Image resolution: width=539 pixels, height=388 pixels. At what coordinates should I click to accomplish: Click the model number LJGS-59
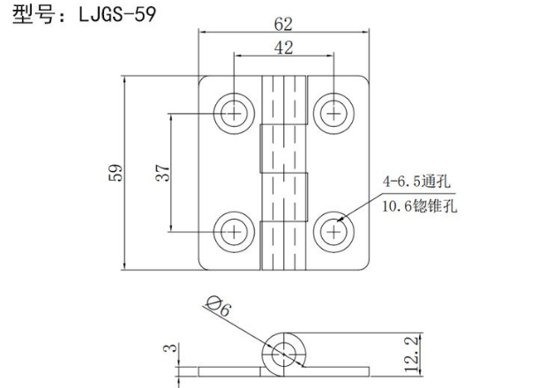pyautogui.click(x=117, y=14)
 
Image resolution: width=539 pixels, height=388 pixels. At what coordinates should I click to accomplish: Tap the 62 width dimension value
pyautogui.click(x=283, y=25)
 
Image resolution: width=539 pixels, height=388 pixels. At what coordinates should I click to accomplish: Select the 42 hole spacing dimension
pyautogui.click(x=283, y=48)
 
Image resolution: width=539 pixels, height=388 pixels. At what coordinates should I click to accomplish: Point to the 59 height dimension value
pyautogui.click(x=116, y=173)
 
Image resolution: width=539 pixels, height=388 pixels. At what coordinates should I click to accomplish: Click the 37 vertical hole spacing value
pyautogui.click(x=162, y=173)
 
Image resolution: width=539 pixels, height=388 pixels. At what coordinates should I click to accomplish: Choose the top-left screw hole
pyautogui.click(x=234, y=113)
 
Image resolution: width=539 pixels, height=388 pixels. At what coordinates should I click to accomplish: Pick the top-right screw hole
pyautogui.click(x=333, y=113)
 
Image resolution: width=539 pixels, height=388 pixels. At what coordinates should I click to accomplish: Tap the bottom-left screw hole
pyautogui.click(x=234, y=232)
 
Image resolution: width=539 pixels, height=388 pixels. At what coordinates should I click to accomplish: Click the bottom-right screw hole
pyautogui.click(x=333, y=232)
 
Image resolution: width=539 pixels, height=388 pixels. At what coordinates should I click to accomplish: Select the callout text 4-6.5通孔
pyautogui.click(x=416, y=182)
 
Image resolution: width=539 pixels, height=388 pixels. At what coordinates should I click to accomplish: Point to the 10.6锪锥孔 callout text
pyautogui.click(x=420, y=206)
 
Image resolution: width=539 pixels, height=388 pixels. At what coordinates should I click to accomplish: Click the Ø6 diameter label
pyautogui.click(x=219, y=307)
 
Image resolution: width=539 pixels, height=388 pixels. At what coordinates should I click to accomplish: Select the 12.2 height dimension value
pyautogui.click(x=411, y=354)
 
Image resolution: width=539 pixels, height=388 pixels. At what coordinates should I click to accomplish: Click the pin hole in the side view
pyautogui.click(x=283, y=354)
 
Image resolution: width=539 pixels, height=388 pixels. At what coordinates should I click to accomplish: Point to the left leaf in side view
pyautogui.click(x=229, y=371)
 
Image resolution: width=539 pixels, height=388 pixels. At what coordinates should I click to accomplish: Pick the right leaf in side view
pyautogui.click(x=338, y=371)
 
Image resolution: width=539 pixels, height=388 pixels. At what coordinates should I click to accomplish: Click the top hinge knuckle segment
pyautogui.click(x=284, y=100)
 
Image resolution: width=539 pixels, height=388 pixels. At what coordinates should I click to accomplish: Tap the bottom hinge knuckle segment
pyautogui.click(x=283, y=246)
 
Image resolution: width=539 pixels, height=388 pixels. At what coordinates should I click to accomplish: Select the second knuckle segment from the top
pyautogui.click(x=283, y=148)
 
